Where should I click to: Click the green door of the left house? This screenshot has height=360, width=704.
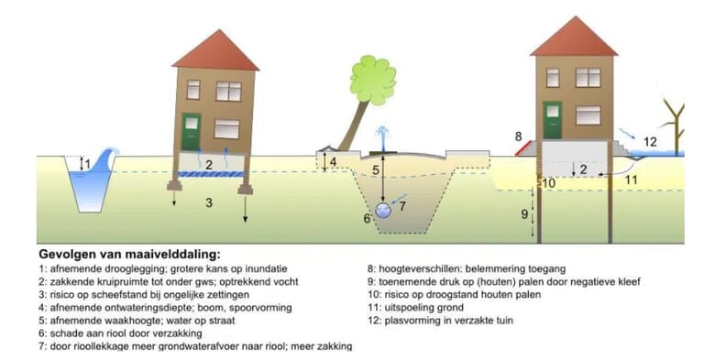tap(191, 130)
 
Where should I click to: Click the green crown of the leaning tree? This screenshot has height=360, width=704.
tap(372, 80)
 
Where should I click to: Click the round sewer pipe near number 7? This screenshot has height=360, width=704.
tap(383, 211)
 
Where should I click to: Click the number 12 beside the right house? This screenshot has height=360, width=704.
tap(649, 141)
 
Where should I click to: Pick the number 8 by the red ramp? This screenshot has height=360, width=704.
tap(519, 136)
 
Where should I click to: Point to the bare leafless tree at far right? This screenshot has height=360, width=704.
tap(674, 124)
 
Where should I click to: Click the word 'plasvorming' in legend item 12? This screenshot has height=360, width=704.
tap(409, 320)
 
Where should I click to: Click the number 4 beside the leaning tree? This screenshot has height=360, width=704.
tap(333, 162)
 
